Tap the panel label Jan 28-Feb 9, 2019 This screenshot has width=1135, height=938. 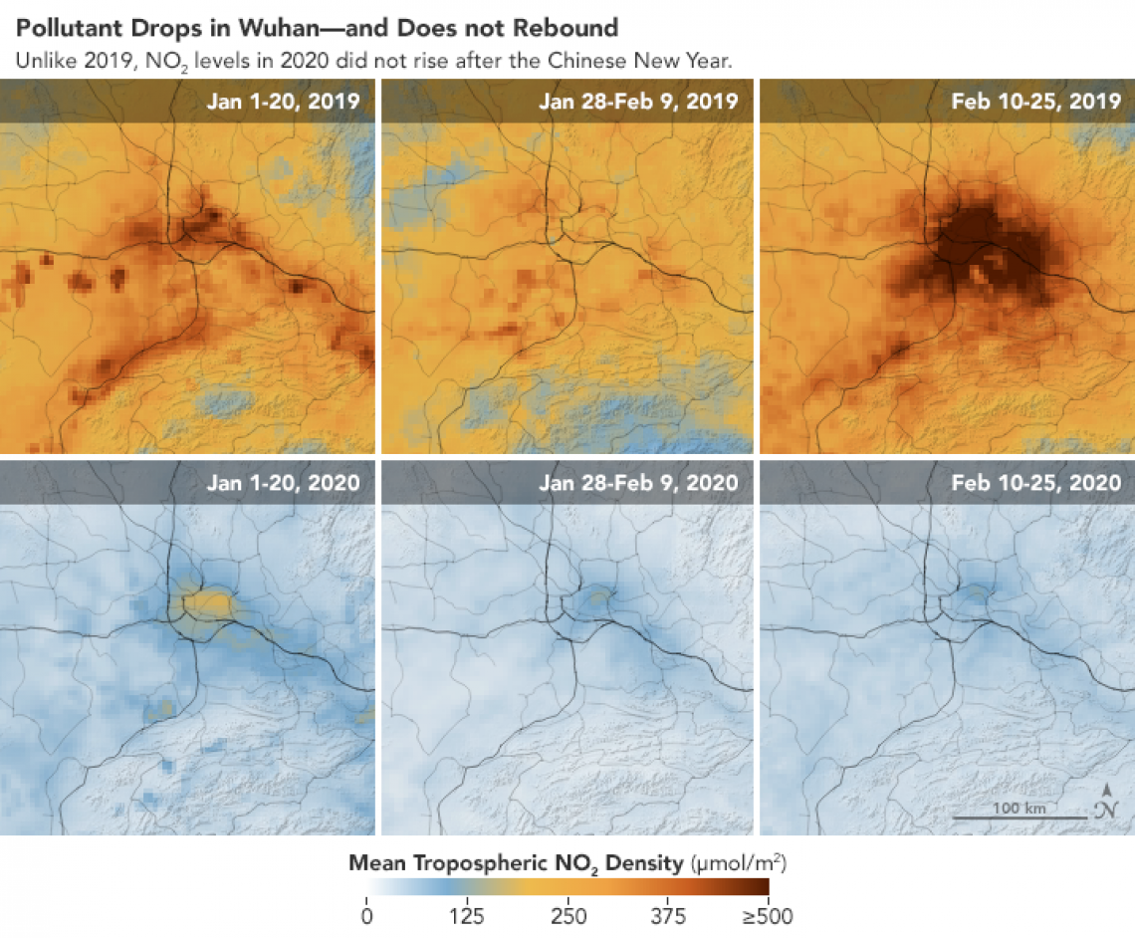pos(638,101)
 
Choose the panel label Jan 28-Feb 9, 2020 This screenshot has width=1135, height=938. pos(638,483)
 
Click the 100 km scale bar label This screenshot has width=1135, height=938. pos(1020,808)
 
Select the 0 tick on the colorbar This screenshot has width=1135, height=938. pos(367,915)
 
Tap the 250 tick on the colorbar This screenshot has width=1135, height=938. pos(568,915)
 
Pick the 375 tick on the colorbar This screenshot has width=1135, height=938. pos(668,915)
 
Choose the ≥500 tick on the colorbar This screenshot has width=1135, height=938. pos(768,915)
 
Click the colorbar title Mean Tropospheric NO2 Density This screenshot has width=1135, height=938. pos(513,861)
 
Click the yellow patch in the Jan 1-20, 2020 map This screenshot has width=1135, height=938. pos(206,601)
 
